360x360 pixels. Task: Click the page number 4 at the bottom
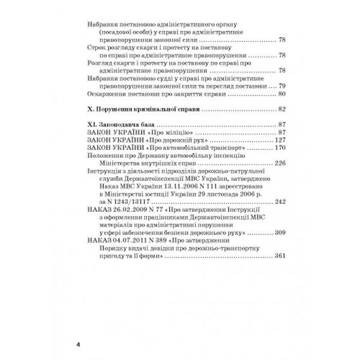(x=78, y=345)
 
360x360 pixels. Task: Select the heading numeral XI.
(x=92, y=124)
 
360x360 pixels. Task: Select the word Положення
(x=106, y=155)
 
